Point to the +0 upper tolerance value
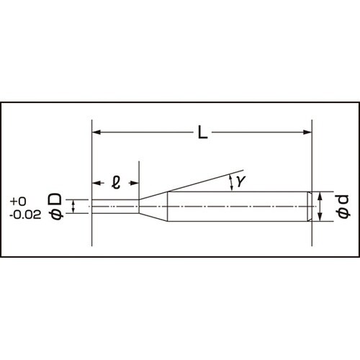[x=19, y=201]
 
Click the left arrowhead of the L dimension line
[x=96, y=132]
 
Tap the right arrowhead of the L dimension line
[x=308, y=132]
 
